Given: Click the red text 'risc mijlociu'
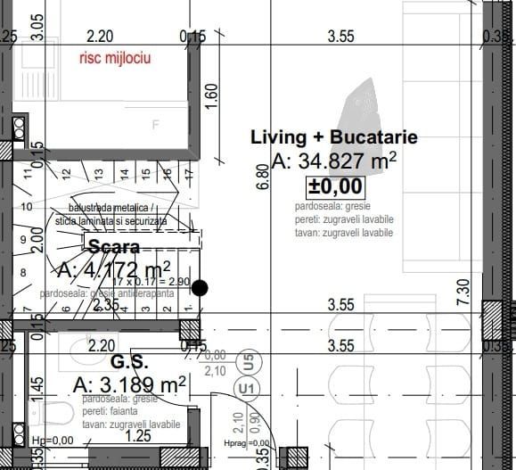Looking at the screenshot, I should pyautogui.click(x=114, y=59).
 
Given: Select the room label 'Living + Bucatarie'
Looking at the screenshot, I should pyautogui.click(x=333, y=138).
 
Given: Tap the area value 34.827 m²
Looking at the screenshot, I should pyautogui.click(x=333, y=161).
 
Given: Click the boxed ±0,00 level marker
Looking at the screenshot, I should pyautogui.click(x=335, y=186).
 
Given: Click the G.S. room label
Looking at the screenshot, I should pyautogui.click(x=128, y=363).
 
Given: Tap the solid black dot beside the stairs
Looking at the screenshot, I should pyautogui.click(x=201, y=287).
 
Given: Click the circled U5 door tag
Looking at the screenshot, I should pyautogui.click(x=249, y=362).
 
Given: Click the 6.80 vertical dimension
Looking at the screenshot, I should pyautogui.click(x=261, y=177).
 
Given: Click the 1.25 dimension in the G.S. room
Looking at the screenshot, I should pyautogui.click(x=137, y=436).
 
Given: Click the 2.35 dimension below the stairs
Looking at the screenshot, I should pyautogui.click(x=104, y=305).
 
